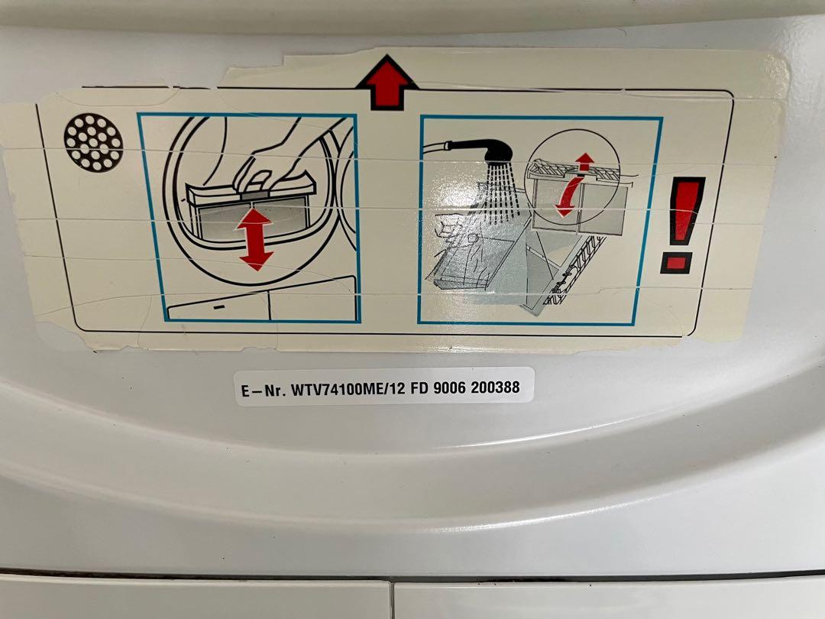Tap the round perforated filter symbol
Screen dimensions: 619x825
93,141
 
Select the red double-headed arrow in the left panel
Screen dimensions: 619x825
256,238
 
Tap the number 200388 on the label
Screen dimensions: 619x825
495,387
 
